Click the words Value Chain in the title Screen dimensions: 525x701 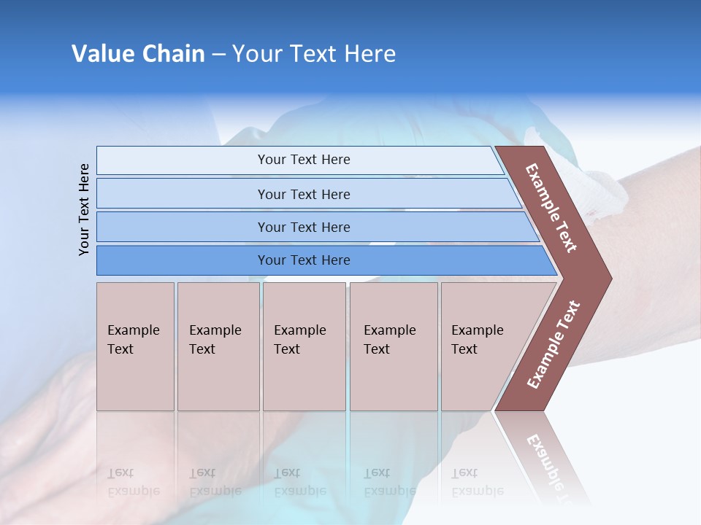138,54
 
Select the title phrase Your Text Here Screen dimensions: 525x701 314,54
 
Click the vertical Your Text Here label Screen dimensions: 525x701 84,209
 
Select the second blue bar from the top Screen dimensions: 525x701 303,194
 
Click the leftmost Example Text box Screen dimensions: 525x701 135,346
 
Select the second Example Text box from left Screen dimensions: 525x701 218,346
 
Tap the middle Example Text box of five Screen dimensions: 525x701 304,346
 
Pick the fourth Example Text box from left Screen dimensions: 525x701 393,346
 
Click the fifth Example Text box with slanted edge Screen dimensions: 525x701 482,346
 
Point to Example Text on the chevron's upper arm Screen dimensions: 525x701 551,208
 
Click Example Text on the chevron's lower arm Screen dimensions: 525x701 553,345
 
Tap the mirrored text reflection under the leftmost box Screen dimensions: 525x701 133,482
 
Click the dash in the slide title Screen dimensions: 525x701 218,55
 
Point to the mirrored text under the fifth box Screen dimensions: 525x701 477,482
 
